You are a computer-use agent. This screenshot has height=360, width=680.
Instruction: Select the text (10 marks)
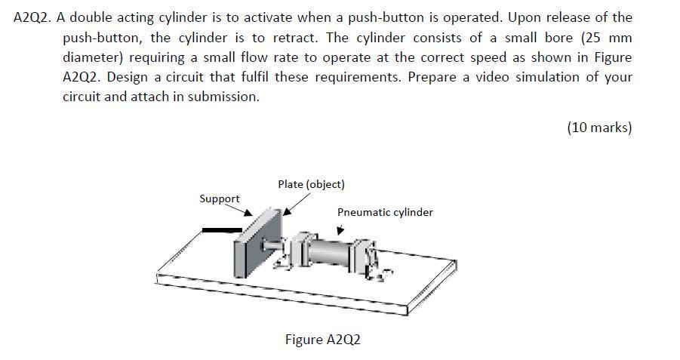pos(598,128)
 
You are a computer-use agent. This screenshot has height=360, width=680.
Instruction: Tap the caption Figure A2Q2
pos(322,339)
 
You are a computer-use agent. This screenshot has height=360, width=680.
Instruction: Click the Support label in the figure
pos(220,198)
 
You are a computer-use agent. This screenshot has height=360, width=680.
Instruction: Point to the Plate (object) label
pos(311,184)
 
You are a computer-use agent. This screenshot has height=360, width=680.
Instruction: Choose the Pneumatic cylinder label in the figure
pos(385,212)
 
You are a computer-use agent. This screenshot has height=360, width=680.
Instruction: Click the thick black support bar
pos(222,229)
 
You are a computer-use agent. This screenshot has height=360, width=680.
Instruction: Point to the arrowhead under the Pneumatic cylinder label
pos(340,231)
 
